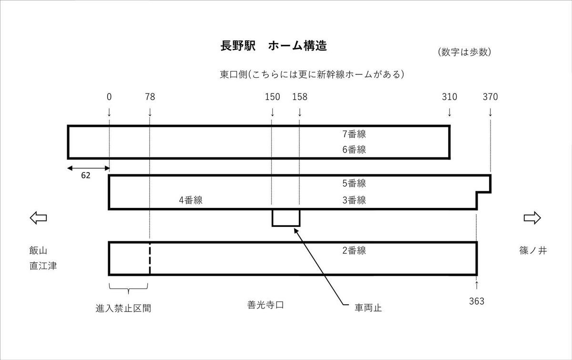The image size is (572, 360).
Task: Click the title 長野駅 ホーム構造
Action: (x=273, y=46)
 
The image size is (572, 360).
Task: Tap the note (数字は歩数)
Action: (x=464, y=52)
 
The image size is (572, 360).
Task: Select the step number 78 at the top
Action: (x=150, y=97)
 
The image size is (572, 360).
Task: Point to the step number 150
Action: (x=273, y=97)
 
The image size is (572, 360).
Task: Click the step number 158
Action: (x=300, y=97)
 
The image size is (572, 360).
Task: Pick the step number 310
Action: (x=449, y=97)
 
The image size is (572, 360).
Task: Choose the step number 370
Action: (x=490, y=97)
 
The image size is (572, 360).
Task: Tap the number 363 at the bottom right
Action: (x=477, y=301)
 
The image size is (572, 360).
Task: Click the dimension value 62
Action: (x=85, y=175)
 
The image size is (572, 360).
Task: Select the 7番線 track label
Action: (x=354, y=134)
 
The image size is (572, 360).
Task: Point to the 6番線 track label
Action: (x=354, y=150)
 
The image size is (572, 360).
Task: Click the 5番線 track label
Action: (x=354, y=184)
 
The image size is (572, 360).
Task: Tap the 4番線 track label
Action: (x=191, y=200)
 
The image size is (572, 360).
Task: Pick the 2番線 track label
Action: (x=354, y=250)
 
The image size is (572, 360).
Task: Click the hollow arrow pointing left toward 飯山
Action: (x=38, y=218)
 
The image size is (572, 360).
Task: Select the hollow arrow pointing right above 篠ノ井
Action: (x=532, y=218)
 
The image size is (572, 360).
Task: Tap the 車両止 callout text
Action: (x=368, y=308)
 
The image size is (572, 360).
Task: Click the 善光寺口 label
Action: (x=266, y=305)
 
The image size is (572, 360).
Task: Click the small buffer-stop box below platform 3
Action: (x=286, y=218)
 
